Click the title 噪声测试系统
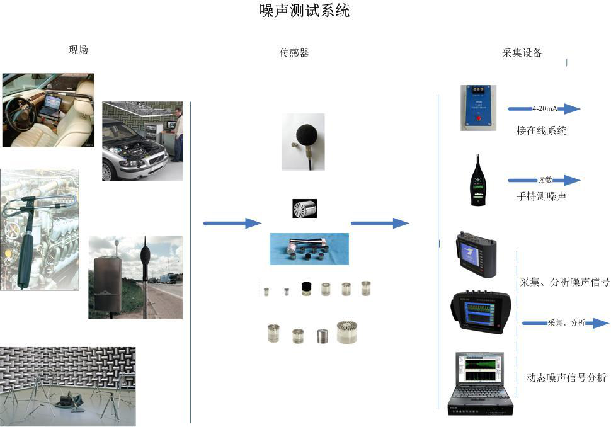tap(305, 11)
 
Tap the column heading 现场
tap(78, 50)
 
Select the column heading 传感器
tap(294, 53)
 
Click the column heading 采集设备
tap(522, 53)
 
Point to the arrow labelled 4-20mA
tap(544, 109)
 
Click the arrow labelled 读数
tap(544, 180)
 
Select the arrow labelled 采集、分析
tap(565, 323)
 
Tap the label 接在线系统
tap(541, 130)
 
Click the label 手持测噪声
tap(541, 196)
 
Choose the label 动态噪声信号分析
tap(566, 378)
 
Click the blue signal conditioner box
tap(478, 108)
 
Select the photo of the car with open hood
tap(142, 141)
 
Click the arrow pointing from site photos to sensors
tap(232, 223)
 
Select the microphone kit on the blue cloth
tap(309, 249)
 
